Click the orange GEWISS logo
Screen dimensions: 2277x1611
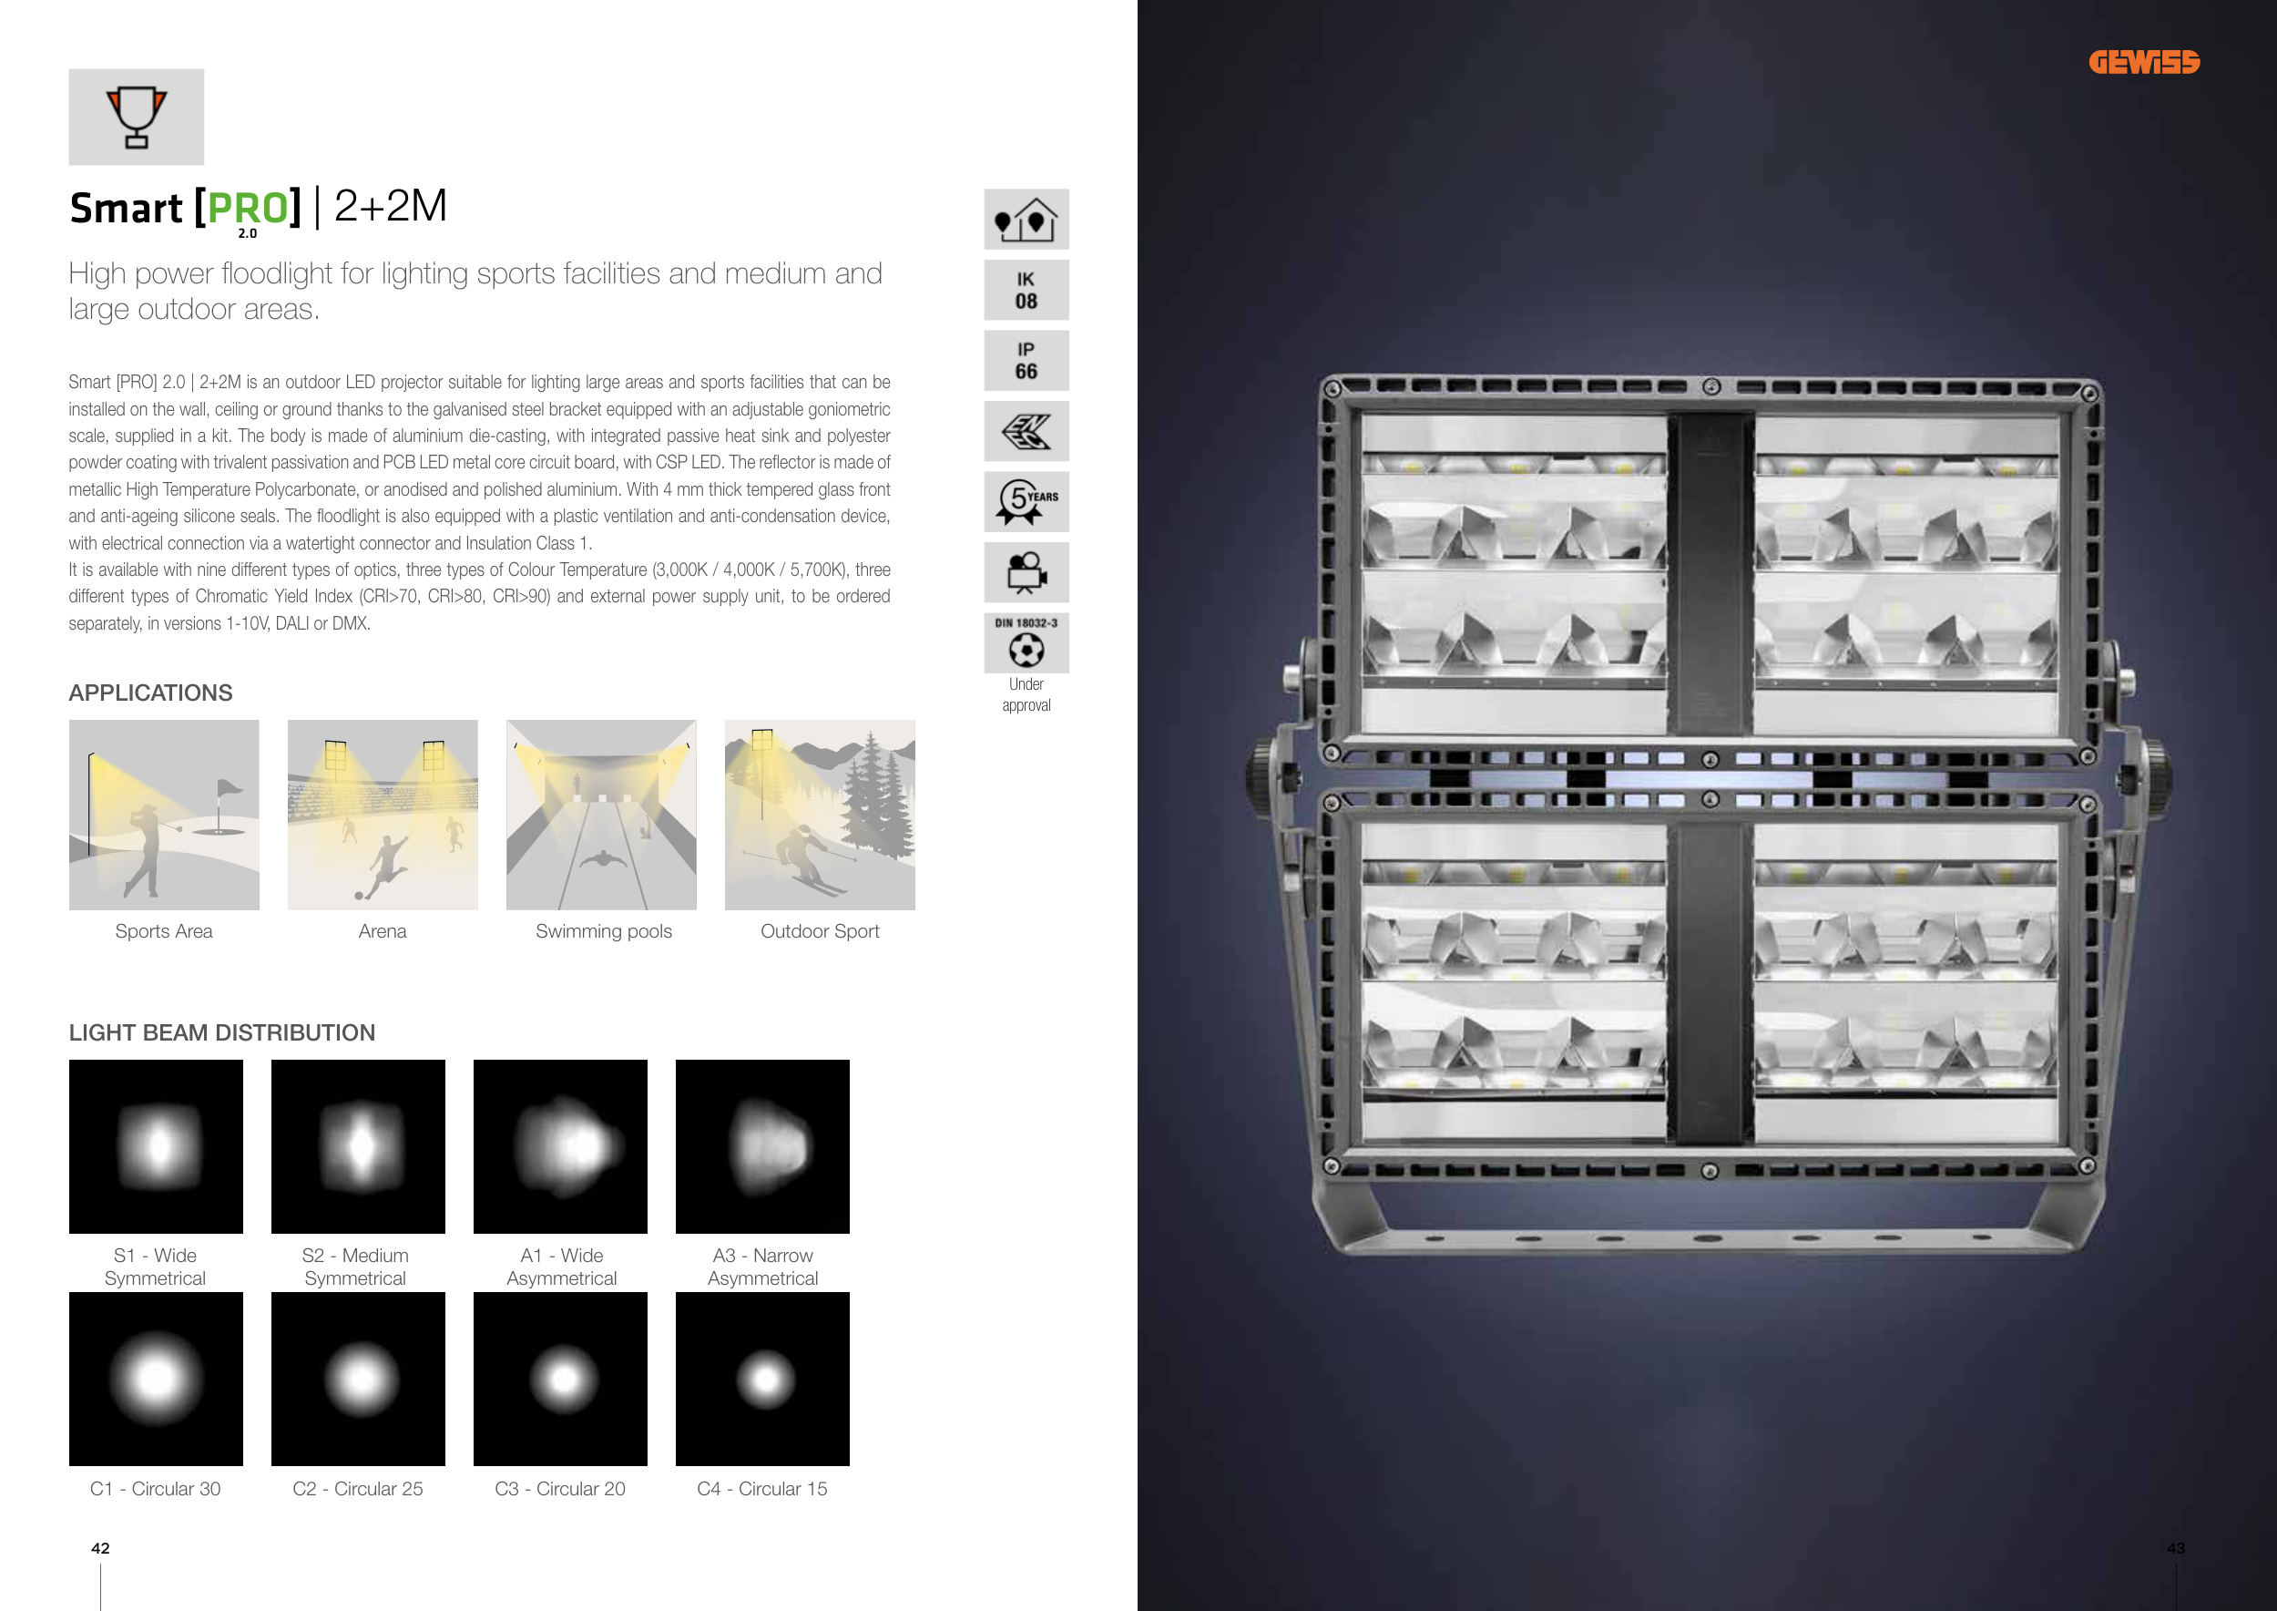[2144, 63]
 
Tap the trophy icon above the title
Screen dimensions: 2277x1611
[136, 117]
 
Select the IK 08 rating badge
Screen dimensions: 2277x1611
[1026, 290]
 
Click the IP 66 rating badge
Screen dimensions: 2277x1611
[1026, 360]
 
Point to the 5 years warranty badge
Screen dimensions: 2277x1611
[1026, 502]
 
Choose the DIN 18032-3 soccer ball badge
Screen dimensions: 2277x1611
[1026, 642]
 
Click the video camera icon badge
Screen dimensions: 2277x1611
[1026, 572]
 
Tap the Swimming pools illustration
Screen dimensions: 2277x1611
[601, 815]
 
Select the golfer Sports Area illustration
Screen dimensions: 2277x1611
[164, 815]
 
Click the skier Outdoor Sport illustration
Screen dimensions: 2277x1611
[820, 815]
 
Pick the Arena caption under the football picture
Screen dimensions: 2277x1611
[383, 931]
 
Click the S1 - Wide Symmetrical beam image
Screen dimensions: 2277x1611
[156, 1147]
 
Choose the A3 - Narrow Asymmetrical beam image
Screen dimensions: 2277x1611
[762, 1147]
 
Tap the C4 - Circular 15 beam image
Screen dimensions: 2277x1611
[762, 1379]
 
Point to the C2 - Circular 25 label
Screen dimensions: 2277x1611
[358, 1489]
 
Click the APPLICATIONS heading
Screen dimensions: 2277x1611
[151, 693]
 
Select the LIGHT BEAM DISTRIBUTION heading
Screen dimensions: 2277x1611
[222, 1032]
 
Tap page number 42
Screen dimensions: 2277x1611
[100, 1548]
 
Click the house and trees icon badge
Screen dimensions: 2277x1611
[1026, 220]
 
